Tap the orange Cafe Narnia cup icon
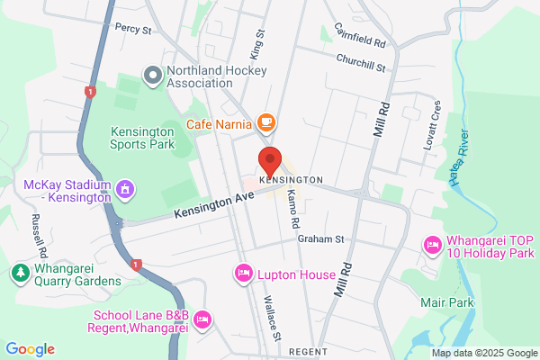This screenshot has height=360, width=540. click(x=265, y=121)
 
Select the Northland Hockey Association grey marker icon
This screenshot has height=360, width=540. click(x=152, y=76)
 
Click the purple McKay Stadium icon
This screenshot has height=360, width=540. click(x=126, y=190)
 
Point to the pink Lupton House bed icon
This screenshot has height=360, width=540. click(x=243, y=273)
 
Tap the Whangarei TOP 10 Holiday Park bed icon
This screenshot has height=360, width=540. click(x=432, y=244)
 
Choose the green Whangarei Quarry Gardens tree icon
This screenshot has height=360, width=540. click(x=19, y=271)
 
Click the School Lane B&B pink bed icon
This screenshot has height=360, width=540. click(x=202, y=319)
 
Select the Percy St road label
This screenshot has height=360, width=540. click(x=133, y=29)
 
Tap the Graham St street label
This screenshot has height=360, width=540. click(x=322, y=239)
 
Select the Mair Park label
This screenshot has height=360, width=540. click(x=446, y=303)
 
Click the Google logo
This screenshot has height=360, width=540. click(x=30, y=349)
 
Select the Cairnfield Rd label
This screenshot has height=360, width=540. click(x=359, y=36)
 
